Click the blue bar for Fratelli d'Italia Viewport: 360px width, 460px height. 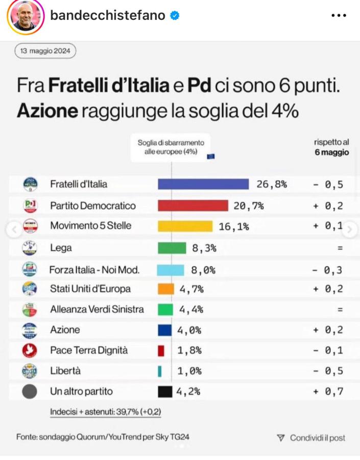pyautogui.click(x=203, y=184)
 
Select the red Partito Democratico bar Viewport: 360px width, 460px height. pyautogui.click(x=193, y=205)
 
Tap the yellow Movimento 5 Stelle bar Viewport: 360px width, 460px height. pyautogui.click(x=185, y=226)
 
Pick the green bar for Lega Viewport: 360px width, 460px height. pyautogui.click(x=172, y=248)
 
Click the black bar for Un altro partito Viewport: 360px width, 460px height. pyautogui.click(x=165, y=392)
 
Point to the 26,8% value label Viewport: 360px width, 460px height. pyautogui.click(x=271, y=184)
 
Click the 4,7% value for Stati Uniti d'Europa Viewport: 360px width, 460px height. pyautogui.click(x=191, y=289)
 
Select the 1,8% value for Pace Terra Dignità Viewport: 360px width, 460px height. pyautogui.click(x=189, y=351)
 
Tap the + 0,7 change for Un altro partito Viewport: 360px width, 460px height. pyautogui.click(x=328, y=392)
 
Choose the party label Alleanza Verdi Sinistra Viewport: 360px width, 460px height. pyautogui.click(x=97, y=309)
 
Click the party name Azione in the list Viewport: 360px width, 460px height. pyautogui.click(x=65, y=330)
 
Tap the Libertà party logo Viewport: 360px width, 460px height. pyautogui.click(x=30, y=371)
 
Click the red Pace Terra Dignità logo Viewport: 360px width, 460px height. pyautogui.click(x=30, y=351)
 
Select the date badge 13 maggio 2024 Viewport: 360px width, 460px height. pyautogui.click(x=45, y=51)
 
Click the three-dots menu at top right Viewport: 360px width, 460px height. pyautogui.click(x=339, y=15)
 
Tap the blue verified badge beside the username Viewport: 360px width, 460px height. pyautogui.click(x=175, y=15)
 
